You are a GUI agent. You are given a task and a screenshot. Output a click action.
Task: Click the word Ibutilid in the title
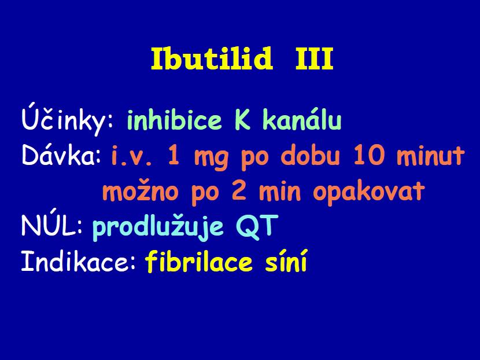[x=212, y=58]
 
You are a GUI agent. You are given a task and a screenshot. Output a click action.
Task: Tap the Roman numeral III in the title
[x=314, y=59]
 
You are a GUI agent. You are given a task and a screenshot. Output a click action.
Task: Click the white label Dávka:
[x=61, y=155]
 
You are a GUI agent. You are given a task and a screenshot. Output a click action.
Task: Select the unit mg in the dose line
[x=211, y=159]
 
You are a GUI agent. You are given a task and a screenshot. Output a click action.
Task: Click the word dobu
[x=310, y=155]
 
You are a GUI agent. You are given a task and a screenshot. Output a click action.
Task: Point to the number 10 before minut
[x=368, y=155]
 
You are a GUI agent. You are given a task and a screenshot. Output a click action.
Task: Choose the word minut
[x=431, y=156]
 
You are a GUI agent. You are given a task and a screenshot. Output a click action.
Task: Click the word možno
[x=140, y=192]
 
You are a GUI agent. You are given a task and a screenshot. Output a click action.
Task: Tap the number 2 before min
[x=239, y=191]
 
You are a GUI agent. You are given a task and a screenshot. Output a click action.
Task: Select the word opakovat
[x=369, y=192]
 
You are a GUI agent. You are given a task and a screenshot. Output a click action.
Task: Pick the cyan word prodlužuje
[x=158, y=227]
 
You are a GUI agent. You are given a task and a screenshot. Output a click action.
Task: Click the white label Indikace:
[x=78, y=260]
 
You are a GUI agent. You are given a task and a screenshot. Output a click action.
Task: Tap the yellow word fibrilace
[x=199, y=260]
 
